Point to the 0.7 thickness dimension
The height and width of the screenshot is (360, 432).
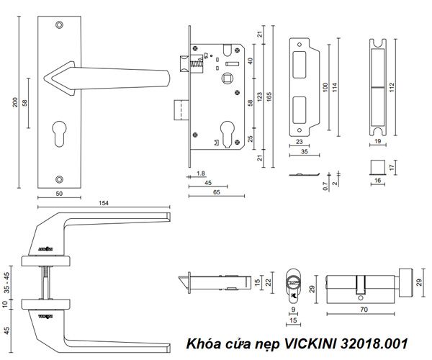tap(327, 186)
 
